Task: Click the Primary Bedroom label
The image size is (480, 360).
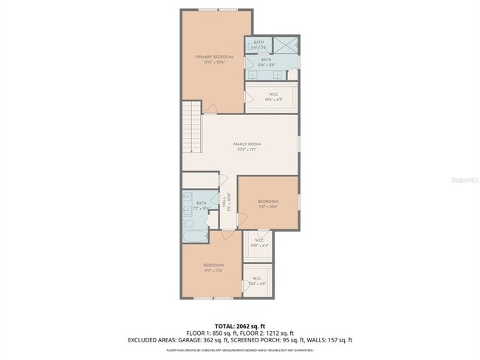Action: [x=214, y=59]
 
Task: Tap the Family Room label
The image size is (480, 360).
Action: [x=247, y=146]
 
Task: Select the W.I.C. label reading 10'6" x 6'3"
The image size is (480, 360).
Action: [x=272, y=97]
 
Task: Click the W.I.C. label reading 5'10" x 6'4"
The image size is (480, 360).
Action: [x=261, y=243]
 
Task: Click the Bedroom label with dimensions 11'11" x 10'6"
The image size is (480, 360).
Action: [x=268, y=204]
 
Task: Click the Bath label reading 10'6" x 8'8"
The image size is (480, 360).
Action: [x=266, y=62]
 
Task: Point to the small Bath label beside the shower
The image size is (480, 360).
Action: [x=258, y=44]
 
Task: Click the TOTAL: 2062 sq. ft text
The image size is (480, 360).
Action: [x=240, y=325]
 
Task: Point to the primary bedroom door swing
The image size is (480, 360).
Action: [x=210, y=109]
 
